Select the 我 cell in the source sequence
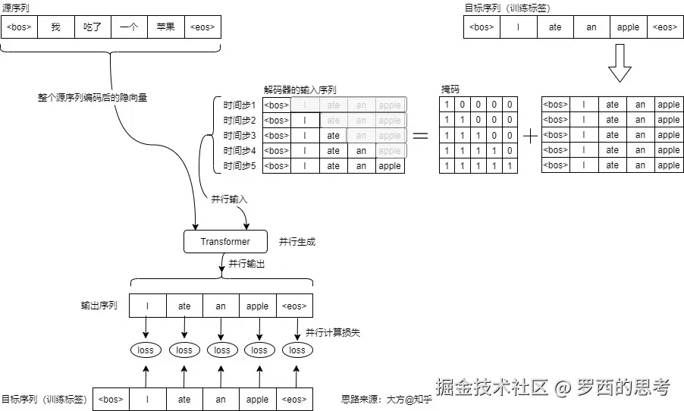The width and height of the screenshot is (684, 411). [x=55, y=27]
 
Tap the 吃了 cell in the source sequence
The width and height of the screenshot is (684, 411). [x=92, y=27]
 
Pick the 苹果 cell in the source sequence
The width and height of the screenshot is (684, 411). [x=165, y=27]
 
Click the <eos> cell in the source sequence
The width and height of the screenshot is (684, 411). [x=202, y=27]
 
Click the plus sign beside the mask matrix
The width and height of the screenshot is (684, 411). [x=531, y=136]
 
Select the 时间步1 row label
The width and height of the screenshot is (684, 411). [x=240, y=105]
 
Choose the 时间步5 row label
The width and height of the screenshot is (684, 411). [x=240, y=166]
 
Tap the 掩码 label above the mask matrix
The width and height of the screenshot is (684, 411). [x=450, y=89]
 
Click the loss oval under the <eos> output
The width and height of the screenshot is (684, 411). [x=297, y=350]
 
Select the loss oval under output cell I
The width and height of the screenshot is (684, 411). [x=146, y=350]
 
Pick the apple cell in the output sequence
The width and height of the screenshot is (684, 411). [x=258, y=306]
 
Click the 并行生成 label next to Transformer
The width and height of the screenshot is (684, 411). [x=297, y=242]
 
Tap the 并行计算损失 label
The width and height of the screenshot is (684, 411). [x=334, y=332]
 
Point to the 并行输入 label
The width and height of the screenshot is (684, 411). [x=229, y=199]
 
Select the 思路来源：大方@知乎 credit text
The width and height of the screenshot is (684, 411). [x=387, y=399]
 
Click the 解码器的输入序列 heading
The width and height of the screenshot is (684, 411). [x=300, y=89]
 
